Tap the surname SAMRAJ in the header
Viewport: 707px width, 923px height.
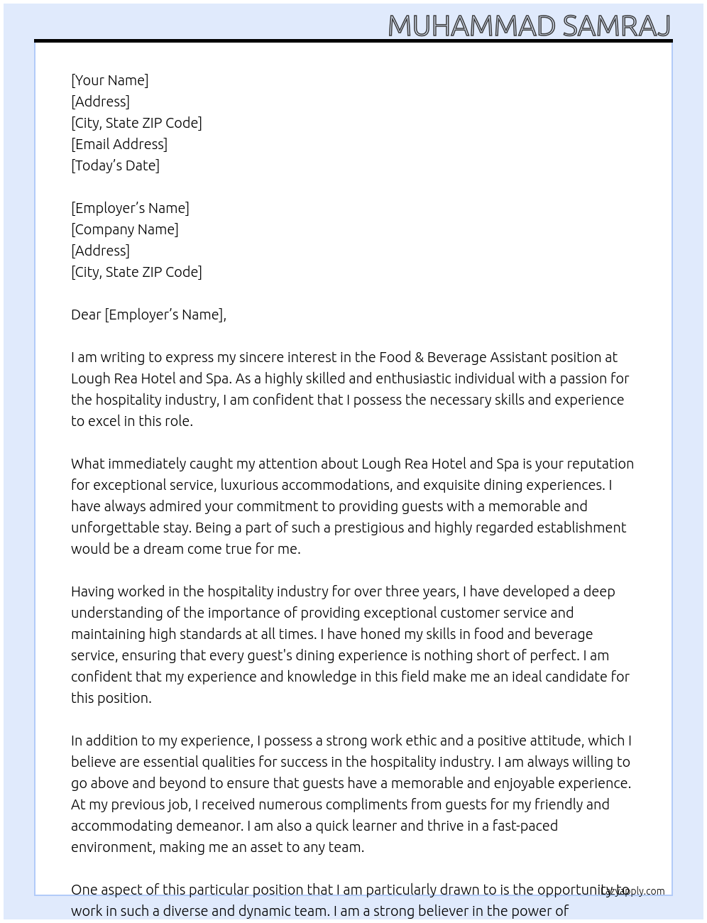pyautogui.click(x=616, y=26)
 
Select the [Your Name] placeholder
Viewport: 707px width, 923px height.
pyautogui.click(x=110, y=80)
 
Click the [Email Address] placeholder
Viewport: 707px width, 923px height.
pyautogui.click(x=119, y=144)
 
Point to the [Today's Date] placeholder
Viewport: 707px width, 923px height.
pyautogui.click(x=115, y=165)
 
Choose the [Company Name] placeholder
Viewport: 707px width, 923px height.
pyautogui.click(x=125, y=229)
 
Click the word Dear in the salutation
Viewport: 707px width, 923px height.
pyautogui.click(x=86, y=315)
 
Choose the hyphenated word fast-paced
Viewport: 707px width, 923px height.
pyautogui.click(x=522, y=826)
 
